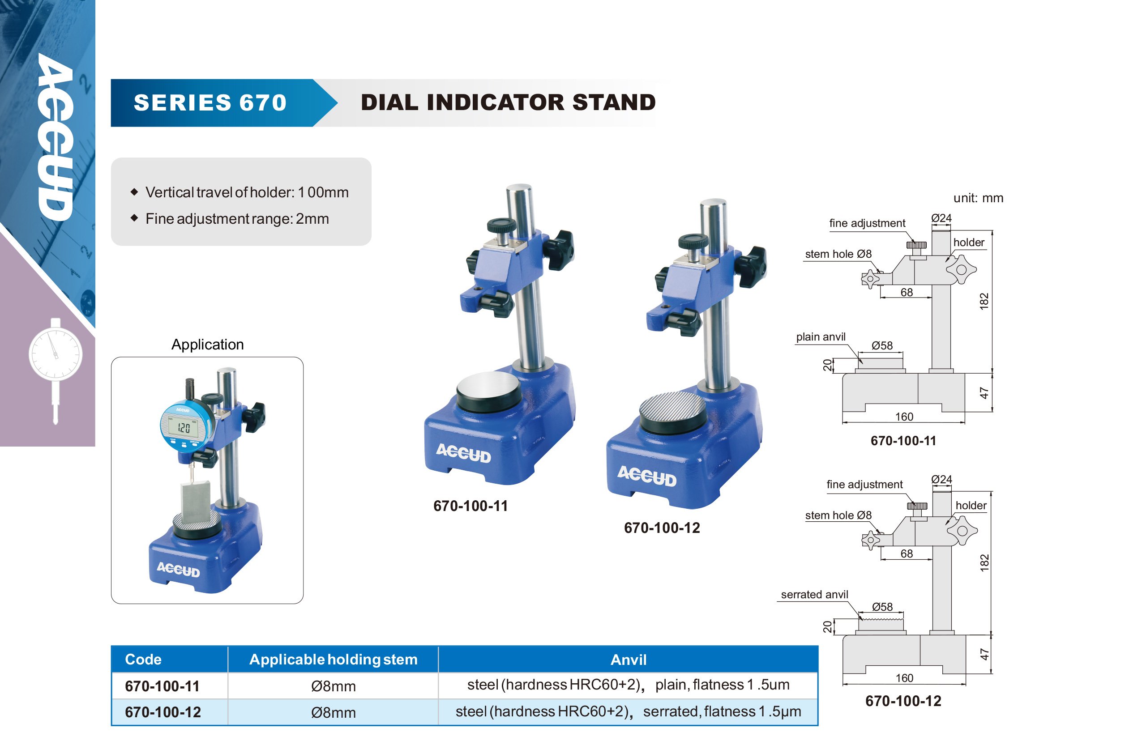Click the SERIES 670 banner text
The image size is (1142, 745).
(210, 102)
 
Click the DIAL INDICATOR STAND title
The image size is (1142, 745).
(508, 102)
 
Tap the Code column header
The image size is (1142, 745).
(143, 659)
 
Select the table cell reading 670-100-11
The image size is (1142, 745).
(162, 686)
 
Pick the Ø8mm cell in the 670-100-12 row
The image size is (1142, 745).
(334, 712)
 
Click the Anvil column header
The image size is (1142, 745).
(628, 660)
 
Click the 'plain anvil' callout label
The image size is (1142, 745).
(821, 337)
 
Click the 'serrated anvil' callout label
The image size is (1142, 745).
(814, 594)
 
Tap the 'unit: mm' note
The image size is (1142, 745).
(978, 198)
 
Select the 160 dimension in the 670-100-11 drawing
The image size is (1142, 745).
(904, 417)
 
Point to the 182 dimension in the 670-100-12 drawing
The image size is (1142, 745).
(984, 562)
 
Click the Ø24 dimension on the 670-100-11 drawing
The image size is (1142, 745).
(941, 218)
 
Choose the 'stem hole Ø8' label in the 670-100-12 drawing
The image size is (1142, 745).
(838, 515)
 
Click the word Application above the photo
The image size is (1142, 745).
(207, 345)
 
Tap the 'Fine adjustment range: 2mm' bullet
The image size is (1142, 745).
(237, 219)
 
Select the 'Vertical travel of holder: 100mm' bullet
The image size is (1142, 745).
(247, 192)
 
